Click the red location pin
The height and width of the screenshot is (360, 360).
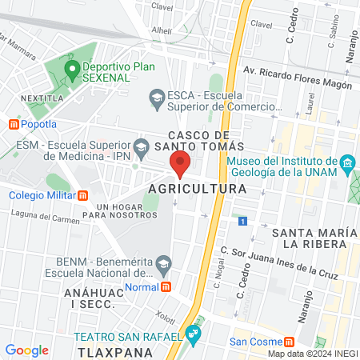click(179, 166)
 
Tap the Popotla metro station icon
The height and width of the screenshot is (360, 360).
click(13, 124)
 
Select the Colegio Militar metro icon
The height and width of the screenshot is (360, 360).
click(82, 195)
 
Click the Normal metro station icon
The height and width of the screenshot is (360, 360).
click(166, 287)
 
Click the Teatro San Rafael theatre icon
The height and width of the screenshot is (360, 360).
click(192, 332)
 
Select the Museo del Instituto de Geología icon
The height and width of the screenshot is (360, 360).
click(346, 166)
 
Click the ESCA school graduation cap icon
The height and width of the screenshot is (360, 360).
click(157, 98)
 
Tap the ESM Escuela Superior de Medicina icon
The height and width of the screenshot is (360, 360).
click(142, 146)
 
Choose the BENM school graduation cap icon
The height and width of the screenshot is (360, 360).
click(164, 262)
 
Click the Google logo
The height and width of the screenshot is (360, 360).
click(26, 350)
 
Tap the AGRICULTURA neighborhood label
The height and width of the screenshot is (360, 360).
click(196, 190)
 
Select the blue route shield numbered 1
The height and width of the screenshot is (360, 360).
click(242, 219)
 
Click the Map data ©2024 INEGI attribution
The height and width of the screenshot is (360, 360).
click(311, 353)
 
